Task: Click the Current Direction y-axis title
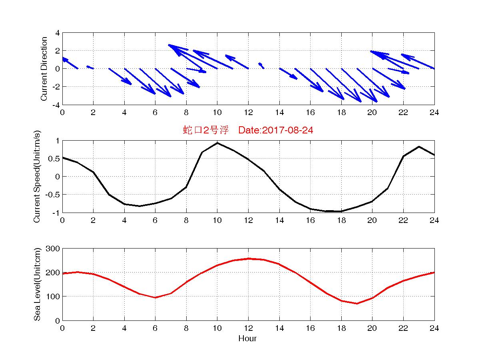coord(44,69)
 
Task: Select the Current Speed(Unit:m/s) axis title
coord(37,177)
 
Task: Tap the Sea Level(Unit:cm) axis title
coord(37,284)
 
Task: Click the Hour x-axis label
coord(248,339)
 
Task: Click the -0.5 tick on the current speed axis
coord(52,195)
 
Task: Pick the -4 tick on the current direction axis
coord(56,105)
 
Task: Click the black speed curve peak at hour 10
coord(217,143)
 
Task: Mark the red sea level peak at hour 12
coord(248,259)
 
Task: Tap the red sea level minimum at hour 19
coord(357,304)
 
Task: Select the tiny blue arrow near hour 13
coord(261,65)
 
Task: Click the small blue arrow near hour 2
coord(90,67)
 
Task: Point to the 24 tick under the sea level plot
coord(434,328)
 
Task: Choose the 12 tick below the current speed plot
coord(248,221)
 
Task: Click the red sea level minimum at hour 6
coord(155,298)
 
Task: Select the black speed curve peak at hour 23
coord(419,147)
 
